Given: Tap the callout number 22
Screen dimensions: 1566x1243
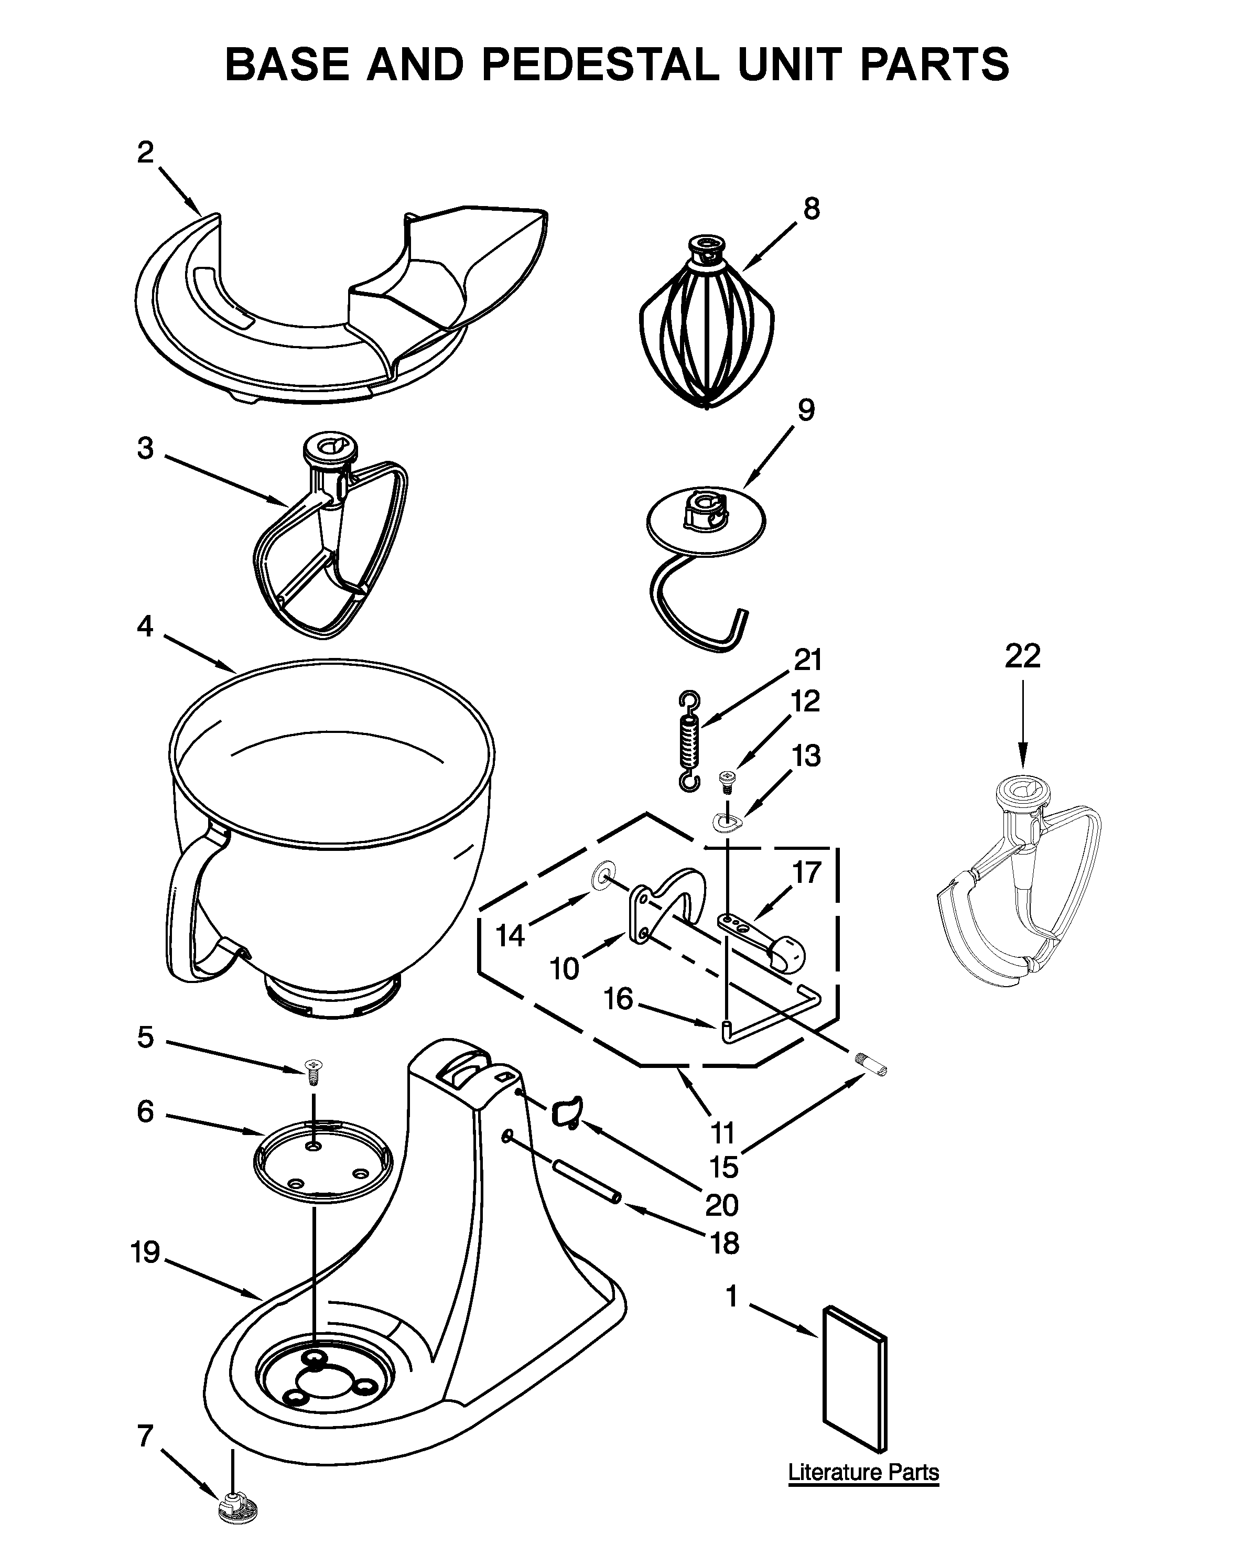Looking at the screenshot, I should (x=1022, y=656).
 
